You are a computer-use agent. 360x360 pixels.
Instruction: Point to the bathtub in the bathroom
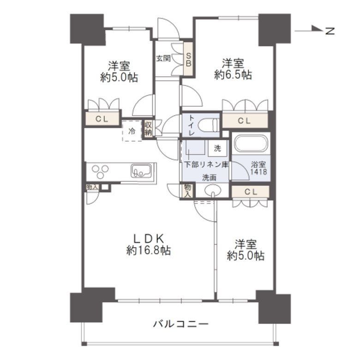click(x=250, y=143)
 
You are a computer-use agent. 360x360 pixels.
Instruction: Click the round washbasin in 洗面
click(x=212, y=191)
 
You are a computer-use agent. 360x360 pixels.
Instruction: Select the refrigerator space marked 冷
click(x=132, y=131)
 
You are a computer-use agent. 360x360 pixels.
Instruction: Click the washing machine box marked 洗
click(x=217, y=149)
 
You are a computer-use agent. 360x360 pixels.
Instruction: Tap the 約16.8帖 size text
click(x=149, y=251)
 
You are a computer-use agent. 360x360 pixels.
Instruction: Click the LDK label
click(x=149, y=238)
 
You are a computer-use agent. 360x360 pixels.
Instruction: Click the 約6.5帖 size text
click(x=233, y=75)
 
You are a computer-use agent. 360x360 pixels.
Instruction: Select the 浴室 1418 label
click(x=258, y=168)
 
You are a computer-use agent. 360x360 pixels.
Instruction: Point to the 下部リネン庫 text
click(x=206, y=164)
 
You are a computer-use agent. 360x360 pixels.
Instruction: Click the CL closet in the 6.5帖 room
click(x=244, y=121)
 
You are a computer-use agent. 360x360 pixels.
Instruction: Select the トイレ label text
click(x=191, y=125)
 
